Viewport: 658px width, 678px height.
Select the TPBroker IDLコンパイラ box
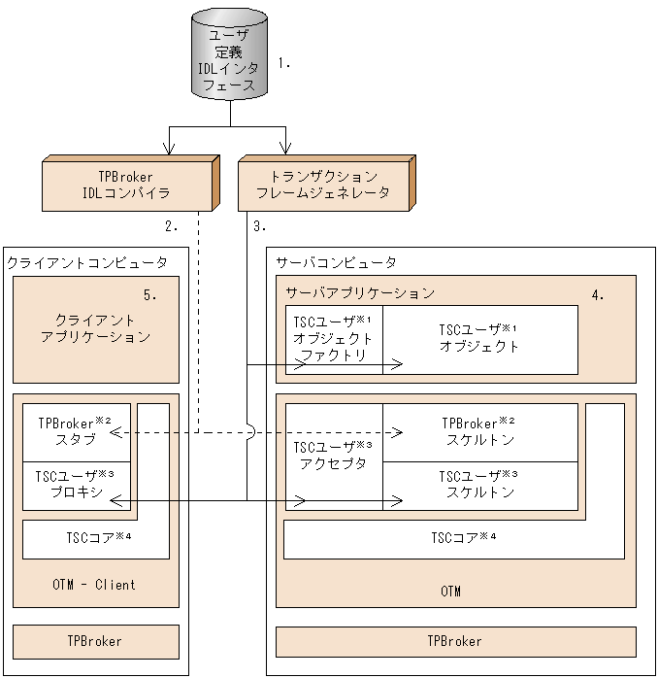tap(127, 185)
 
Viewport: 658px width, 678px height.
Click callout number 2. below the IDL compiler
tap(172, 226)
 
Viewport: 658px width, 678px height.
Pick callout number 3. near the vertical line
tap(259, 226)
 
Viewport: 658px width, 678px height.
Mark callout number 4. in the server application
tap(598, 294)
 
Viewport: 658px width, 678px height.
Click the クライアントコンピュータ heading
tap(87, 262)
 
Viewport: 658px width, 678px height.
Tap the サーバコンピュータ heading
tap(336, 262)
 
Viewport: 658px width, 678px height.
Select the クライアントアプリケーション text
tap(96, 328)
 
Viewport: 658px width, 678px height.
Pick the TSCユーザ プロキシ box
tap(76, 486)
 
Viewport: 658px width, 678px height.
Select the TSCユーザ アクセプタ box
tap(333, 456)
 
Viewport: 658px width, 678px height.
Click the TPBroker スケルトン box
tap(479, 431)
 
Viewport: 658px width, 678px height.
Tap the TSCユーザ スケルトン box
tap(479, 484)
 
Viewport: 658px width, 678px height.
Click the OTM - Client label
tap(94, 585)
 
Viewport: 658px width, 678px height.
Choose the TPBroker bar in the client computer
tap(95, 641)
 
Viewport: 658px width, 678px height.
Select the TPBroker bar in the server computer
tap(454, 641)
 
